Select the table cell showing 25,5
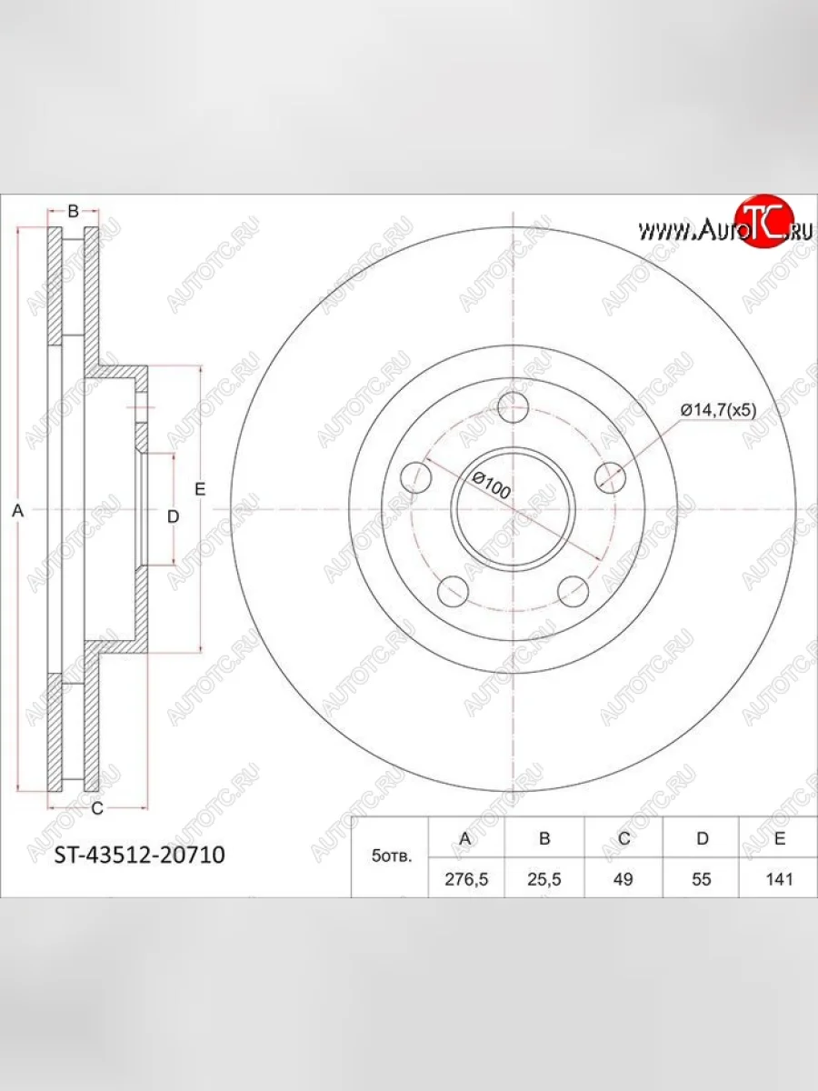click(x=544, y=879)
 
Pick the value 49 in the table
click(x=623, y=879)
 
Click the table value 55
click(x=702, y=879)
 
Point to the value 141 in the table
click(x=780, y=879)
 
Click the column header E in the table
click(x=780, y=838)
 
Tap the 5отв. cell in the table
click(x=390, y=857)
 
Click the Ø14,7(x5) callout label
click(x=718, y=410)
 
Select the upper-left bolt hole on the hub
click(x=416, y=477)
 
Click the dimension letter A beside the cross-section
click(x=15, y=512)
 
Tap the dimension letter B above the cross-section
click(x=74, y=212)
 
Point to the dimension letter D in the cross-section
click(x=173, y=515)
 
